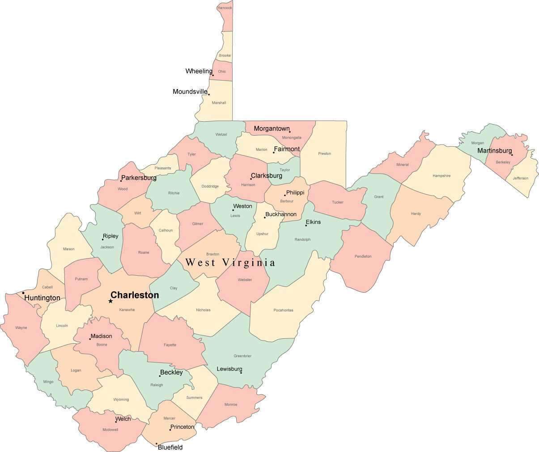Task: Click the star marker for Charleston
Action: pos(110,301)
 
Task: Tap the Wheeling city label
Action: pos(199,71)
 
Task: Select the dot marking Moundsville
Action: pos(209,94)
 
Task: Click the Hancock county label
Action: pos(225,8)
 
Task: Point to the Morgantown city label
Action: pos(272,129)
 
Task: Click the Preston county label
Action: pos(324,154)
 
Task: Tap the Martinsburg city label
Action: pos(494,150)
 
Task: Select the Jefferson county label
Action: pos(520,178)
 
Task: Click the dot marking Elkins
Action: pos(306,226)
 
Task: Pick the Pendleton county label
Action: pos(363,256)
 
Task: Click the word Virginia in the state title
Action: pos(248,263)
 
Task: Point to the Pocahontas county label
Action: pos(283,310)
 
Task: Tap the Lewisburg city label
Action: pos(229,369)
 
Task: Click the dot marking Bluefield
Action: pos(157,444)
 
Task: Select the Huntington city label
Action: pos(42,298)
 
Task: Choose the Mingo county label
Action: pos(48,382)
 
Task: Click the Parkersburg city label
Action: pos(139,178)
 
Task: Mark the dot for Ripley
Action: pos(102,239)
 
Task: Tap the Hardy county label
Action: pos(416,213)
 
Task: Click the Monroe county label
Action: pos(231,405)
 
